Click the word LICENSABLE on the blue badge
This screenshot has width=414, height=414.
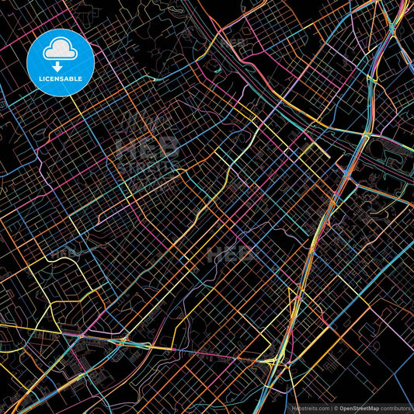60,78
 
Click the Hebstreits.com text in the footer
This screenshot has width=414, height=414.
310,408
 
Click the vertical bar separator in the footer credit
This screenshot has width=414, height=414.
331,408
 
